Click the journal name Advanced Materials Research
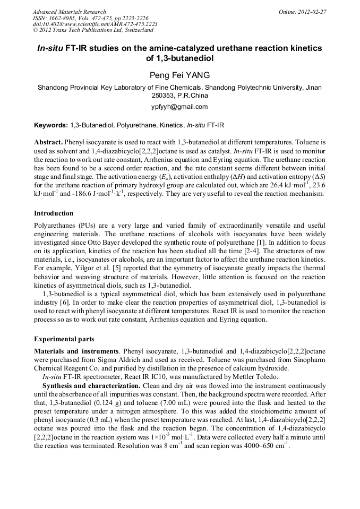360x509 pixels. point(69,12)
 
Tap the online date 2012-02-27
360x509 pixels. point(311,12)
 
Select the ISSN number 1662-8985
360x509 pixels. point(63,18)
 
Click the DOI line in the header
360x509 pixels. point(95,24)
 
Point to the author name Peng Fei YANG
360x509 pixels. point(179,75)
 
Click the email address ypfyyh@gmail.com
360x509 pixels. point(179,107)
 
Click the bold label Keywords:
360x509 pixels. point(50,126)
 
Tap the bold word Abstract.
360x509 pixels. point(48,143)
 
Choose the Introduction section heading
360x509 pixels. point(54,213)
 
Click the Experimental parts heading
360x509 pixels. point(64,339)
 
